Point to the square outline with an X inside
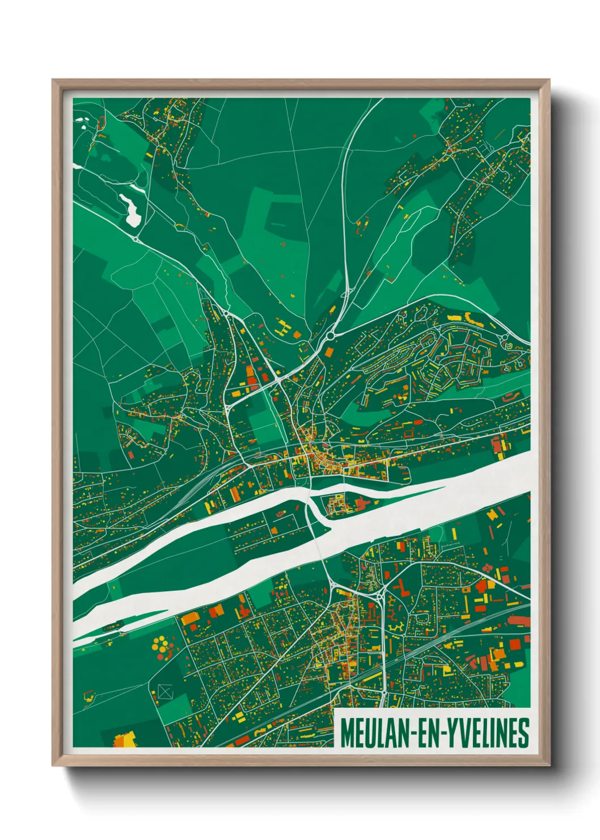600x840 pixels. pyautogui.click(x=164, y=691)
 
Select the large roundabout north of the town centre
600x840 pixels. pyautogui.click(x=331, y=335)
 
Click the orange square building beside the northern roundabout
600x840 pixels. pyautogui.click(x=329, y=352)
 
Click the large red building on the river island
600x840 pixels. pyautogui.click(x=362, y=502)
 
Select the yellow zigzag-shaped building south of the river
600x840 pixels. pyautogui.click(x=396, y=628)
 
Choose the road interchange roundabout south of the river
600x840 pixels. pyautogui.click(x=378, y=595)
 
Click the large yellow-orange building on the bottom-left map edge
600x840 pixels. pyautogui.click(x=123, y=740)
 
